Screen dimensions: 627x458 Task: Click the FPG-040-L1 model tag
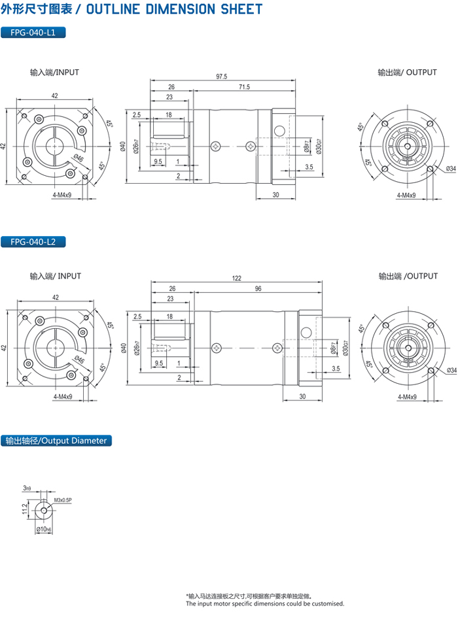pos(33,33)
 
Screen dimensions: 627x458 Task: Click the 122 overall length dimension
pos(236,278)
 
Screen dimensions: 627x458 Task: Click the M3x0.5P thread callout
pos(63,500)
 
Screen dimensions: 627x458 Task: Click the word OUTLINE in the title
pos(113,9)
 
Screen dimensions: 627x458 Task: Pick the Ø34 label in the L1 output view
pos(451,169)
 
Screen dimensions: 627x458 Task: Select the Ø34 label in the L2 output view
pos(451,371)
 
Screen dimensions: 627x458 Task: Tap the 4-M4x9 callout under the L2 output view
pos(406,397)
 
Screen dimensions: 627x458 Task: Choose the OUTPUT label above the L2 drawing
pos(421,277)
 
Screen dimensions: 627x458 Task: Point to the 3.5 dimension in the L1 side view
pos(309,168)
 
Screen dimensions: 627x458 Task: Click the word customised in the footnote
pos(327,603)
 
